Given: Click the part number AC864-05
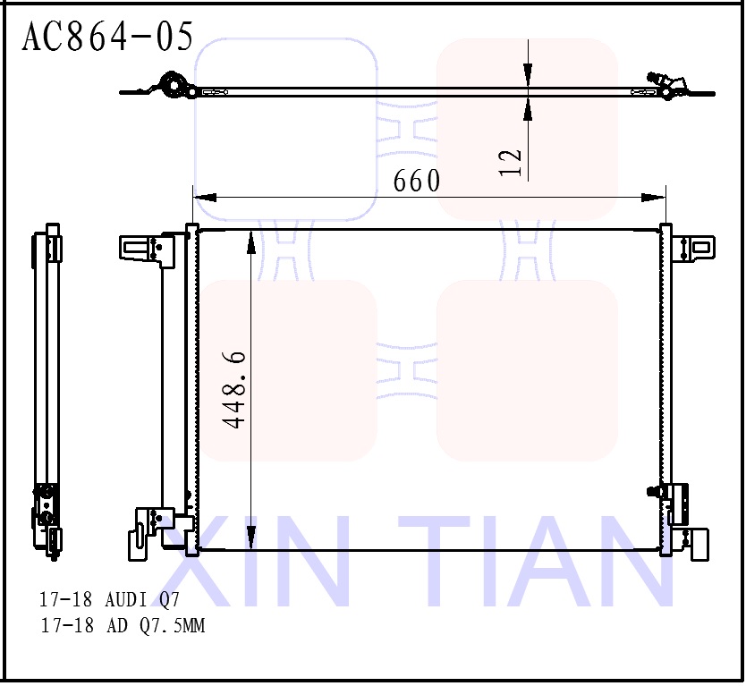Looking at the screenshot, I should pyautogui.click(x=107, y=37).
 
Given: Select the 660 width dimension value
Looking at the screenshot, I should pyautogui.click(x=417, y=182).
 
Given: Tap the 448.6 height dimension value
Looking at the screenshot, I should pyautogui.click(x=235, y=389).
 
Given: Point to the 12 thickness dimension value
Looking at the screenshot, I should pyautogui.click(x=511, y=162).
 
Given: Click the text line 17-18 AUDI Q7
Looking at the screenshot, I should pyautogui.click(x=109, y=598).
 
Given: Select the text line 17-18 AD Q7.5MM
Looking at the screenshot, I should pyautogui.click(x=123, y=626).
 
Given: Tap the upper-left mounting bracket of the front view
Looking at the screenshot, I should pyautogui.click(x=142, y=248).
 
